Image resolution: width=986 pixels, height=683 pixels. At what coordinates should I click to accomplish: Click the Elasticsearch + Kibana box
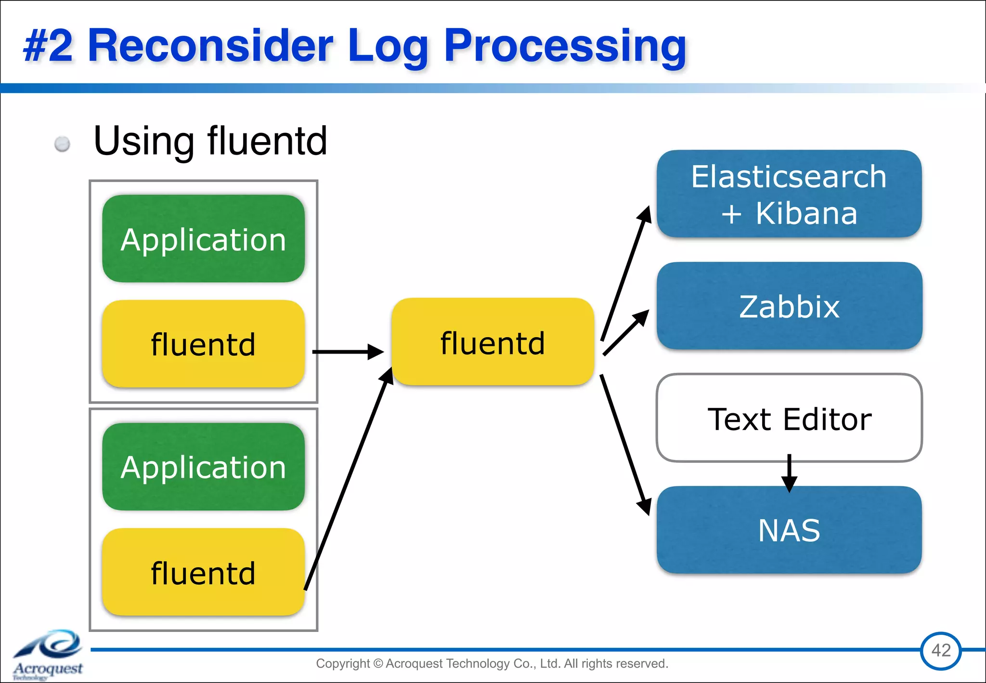pos(789,194)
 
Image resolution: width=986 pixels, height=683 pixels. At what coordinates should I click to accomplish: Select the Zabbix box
pos(789,306)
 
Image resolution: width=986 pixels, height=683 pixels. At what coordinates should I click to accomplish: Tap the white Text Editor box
pos(789,418)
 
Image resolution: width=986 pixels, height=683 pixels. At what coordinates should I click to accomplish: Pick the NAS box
pos(789,530)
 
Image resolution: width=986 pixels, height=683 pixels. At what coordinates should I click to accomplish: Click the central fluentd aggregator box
pos(493,342)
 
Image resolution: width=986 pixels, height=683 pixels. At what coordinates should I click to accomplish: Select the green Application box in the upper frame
pos(203,239)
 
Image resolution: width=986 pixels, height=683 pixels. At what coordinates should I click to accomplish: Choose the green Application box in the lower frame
pos(203,467)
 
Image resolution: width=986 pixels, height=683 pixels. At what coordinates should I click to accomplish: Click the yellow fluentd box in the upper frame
pos(203,344)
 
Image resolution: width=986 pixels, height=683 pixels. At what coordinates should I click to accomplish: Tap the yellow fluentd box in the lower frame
pos(203,572)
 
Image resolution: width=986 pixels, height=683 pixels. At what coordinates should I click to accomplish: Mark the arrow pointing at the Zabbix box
pos(625,333)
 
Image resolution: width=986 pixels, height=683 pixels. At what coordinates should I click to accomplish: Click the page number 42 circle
pos(941,651)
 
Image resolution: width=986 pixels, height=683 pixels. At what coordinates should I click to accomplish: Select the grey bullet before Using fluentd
pos(62,144)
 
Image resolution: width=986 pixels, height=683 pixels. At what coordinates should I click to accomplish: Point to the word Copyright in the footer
pos(342,663)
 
